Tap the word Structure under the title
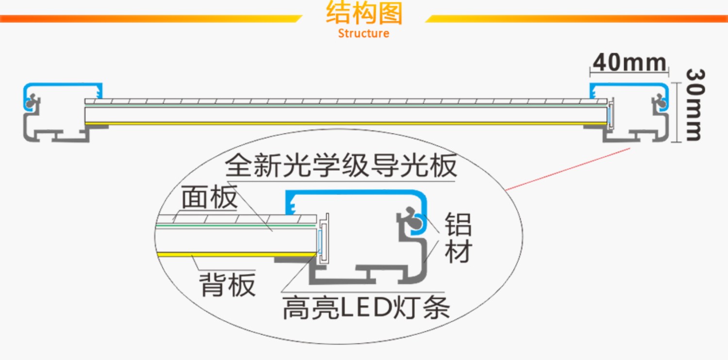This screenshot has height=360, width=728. [x=364, y=33]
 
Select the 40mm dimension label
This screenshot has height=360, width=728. [x=629, y=63]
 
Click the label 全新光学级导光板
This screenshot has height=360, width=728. [x=341, y=166]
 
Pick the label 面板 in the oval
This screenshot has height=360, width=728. [x=209, y=197]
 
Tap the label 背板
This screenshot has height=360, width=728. [x=227, y=285]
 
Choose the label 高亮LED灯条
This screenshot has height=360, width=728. [x=366, y=307]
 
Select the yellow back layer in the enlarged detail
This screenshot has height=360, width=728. [x=233, y=254]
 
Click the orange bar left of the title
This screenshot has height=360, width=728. [x=146, y=18]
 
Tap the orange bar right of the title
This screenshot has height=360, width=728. [x=578, y=18]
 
